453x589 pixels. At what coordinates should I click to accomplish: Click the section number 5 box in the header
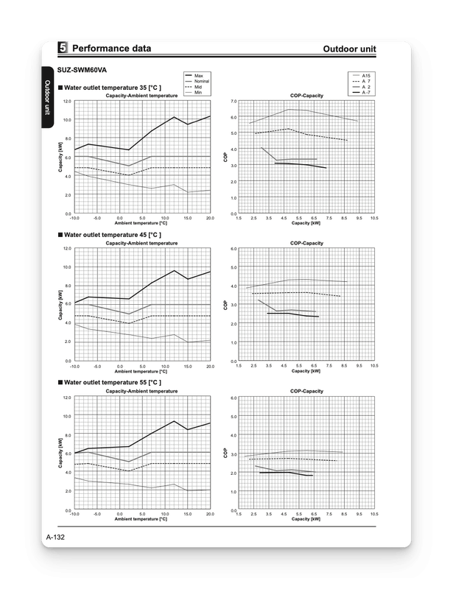tap(63, 49)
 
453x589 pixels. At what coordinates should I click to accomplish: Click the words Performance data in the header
tap(112, 49)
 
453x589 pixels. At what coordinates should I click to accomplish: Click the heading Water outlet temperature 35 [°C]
tap(113, 88)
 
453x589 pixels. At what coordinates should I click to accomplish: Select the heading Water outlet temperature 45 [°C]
tap(113, 235)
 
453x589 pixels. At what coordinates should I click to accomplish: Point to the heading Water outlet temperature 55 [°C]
tap(113, 383)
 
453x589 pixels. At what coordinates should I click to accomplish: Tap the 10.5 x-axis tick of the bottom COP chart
tap(374, 514)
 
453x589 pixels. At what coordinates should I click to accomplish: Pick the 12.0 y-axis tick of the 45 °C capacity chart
tap(67, 249)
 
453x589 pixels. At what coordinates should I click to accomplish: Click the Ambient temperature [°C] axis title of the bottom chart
tap(141, 519)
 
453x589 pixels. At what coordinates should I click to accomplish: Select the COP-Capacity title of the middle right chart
tap(306, 243)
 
